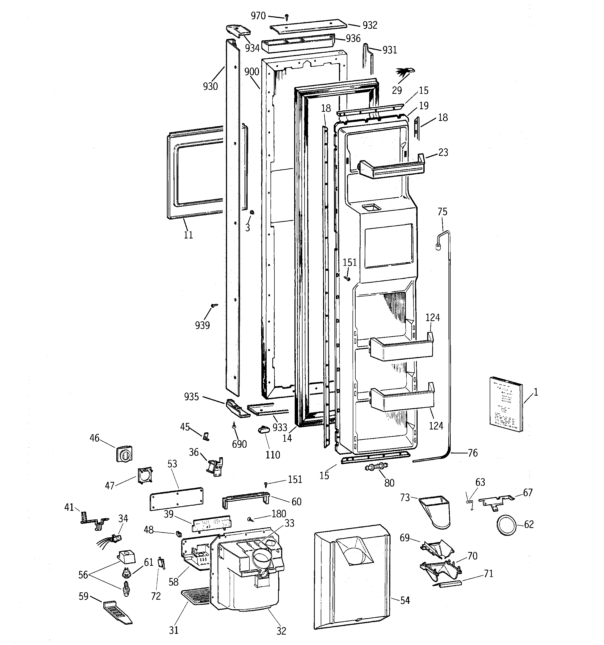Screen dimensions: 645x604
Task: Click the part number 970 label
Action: click(x=258, y=16)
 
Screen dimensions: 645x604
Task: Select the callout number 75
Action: click(x=442, y=212)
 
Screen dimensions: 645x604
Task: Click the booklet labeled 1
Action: click(x=506, y=404)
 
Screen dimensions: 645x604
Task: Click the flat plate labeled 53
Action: click(x=177, y=498)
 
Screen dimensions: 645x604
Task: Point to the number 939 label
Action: click(x=202, y=325)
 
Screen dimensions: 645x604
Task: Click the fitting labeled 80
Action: click(x=377, y=467)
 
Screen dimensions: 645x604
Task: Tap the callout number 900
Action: click(x=251, y=72)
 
